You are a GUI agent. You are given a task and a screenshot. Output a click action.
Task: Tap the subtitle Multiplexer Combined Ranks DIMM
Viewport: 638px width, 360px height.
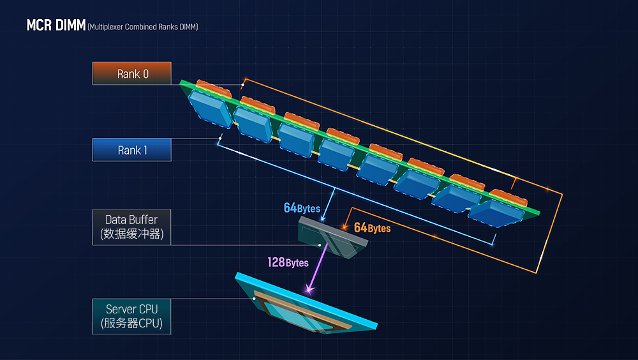[x=143, y=27]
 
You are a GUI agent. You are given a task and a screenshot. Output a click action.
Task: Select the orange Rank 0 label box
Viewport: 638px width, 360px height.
[x=132, y=73]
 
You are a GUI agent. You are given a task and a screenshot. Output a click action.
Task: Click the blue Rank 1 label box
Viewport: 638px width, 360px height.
[x=132, y=150]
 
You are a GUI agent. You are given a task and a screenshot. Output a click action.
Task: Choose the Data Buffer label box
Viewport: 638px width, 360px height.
[x=132, y=227]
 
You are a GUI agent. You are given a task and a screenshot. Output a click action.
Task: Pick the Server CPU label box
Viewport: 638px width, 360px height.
[x=132, y=316]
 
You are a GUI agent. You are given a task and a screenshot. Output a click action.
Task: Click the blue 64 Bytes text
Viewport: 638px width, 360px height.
[x=302, y=208]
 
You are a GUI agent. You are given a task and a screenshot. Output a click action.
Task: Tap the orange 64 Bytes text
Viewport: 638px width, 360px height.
[x=372, y=227]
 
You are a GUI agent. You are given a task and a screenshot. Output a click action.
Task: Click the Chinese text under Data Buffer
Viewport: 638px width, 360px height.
[x=132, y=234]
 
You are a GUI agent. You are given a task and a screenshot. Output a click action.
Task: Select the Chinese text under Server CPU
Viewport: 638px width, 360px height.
[x=132, y=324]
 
